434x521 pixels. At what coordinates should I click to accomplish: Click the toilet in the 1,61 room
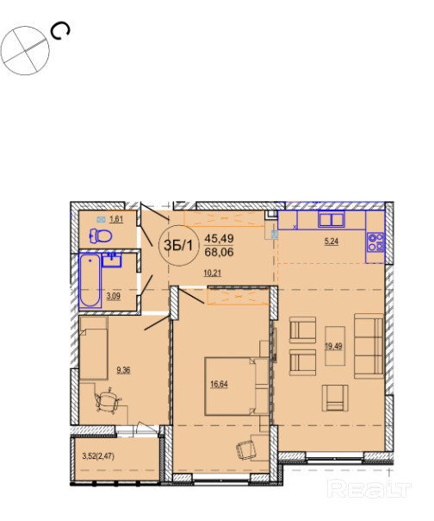click(101, 235)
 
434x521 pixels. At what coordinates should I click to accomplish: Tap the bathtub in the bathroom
click(90, 280)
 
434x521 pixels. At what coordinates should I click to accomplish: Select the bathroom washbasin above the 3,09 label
click(112, 260)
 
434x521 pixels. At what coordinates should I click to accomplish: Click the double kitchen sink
click(332, 219)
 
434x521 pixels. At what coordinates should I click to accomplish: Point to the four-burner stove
click(375, 242)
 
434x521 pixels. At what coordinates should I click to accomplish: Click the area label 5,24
click(332, 242)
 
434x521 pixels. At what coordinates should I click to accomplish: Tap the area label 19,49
click(333, 346)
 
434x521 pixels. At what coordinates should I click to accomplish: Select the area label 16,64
click(219, 385)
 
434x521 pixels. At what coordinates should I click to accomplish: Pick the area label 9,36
click(123, 370)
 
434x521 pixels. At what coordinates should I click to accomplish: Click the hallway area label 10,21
click(213, 273)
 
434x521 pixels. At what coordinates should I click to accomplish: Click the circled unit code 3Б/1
click(178, 246)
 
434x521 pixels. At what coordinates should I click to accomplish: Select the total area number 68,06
click(219, 252)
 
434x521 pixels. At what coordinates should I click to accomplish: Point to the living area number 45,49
click(219, 238)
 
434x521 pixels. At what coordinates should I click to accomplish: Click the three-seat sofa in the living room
click(369, 346)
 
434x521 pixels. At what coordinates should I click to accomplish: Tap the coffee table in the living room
click(335, 346)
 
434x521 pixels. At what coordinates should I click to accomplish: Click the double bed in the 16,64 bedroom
click(237, 386)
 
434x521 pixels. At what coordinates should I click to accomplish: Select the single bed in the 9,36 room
click(94, 348)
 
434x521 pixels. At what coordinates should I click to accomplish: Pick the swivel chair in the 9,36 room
click(108, 401)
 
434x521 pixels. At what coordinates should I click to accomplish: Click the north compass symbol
click(25, 51)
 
